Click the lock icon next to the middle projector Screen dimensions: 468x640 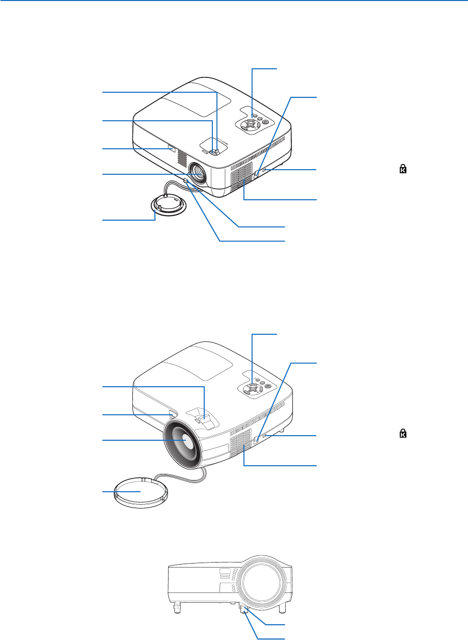pyautogui.click(x=403, y=434)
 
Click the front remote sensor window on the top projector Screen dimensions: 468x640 pyautogui.click(x=170, y=150)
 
